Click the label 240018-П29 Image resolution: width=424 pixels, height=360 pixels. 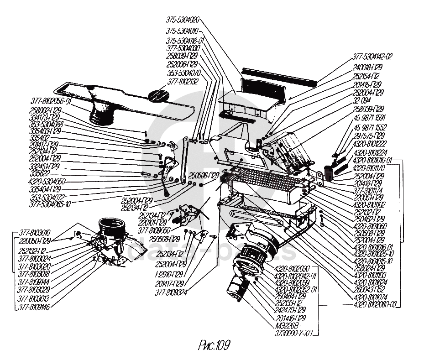pyautogui.click(x=367, y=67)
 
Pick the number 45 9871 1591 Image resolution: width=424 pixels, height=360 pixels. pyautogui.click(x=370, y=117)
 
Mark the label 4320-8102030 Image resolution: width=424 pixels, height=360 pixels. pyautogui.click(x=292, y=268)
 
